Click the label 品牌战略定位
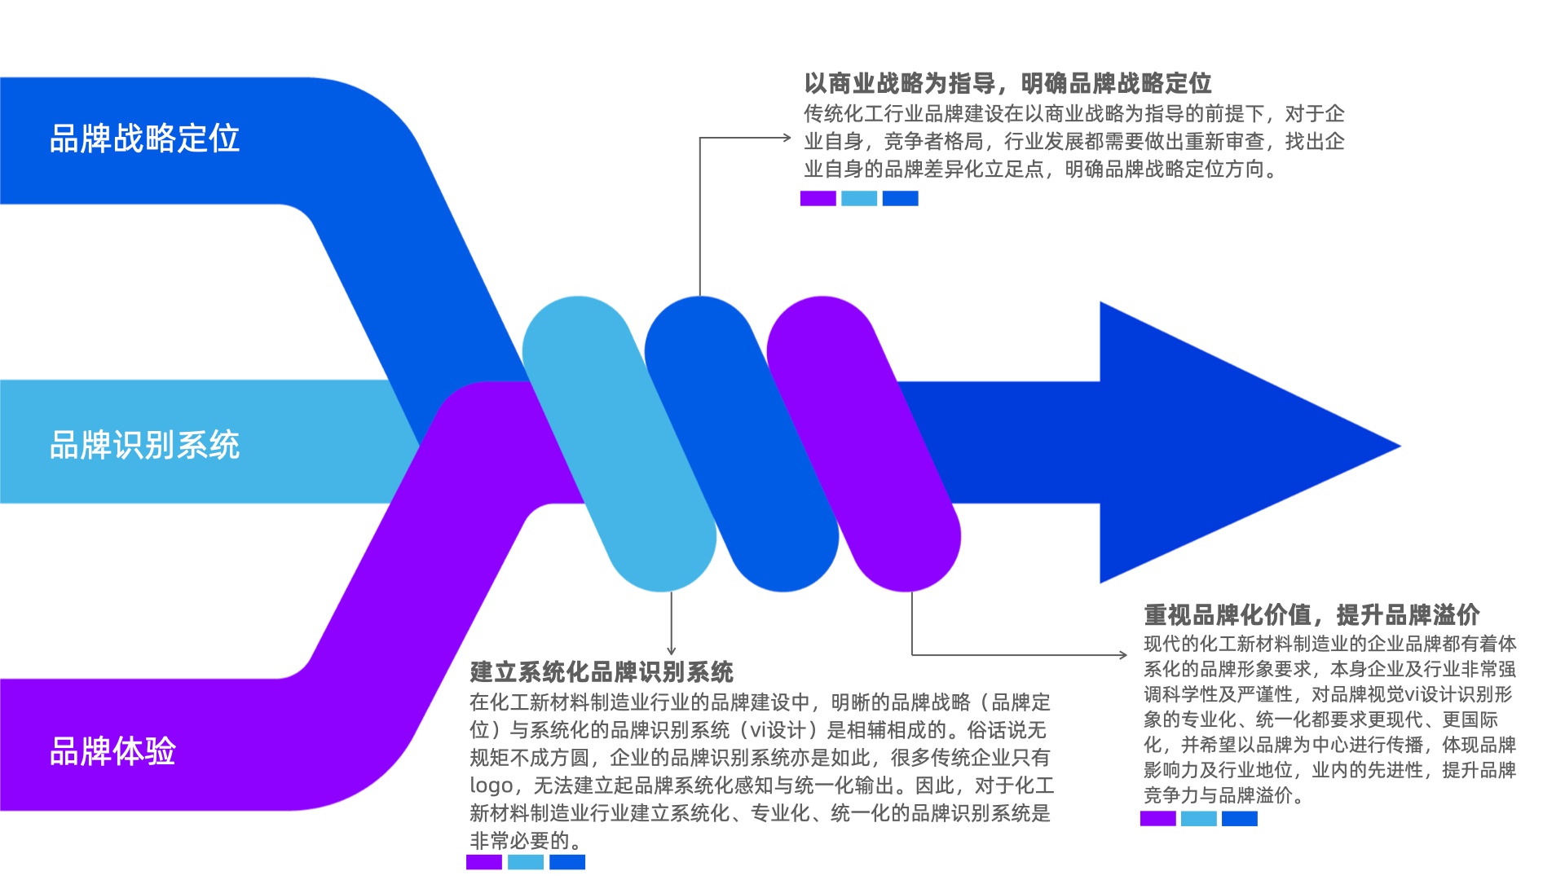(144, 139)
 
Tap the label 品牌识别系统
(144, 445)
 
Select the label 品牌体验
(112, 751)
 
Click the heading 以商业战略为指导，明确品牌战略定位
(1007, 83)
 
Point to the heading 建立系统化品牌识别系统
(602, 672)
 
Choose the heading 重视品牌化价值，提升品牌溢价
(1312, 614)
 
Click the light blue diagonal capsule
(619, 444)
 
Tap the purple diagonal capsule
(864, 444)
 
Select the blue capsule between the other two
(742, 444)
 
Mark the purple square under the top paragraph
(818, 198)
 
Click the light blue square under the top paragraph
(859, 198)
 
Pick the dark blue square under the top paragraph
(900, 198)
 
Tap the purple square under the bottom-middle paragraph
(484, 862)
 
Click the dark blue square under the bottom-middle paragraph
(567, 862)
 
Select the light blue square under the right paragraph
(1198, 818)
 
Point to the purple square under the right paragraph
(1157, 818)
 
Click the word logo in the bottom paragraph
(491, 786)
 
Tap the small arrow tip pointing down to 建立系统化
(671, 651)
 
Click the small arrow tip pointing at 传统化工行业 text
(787, 138)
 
